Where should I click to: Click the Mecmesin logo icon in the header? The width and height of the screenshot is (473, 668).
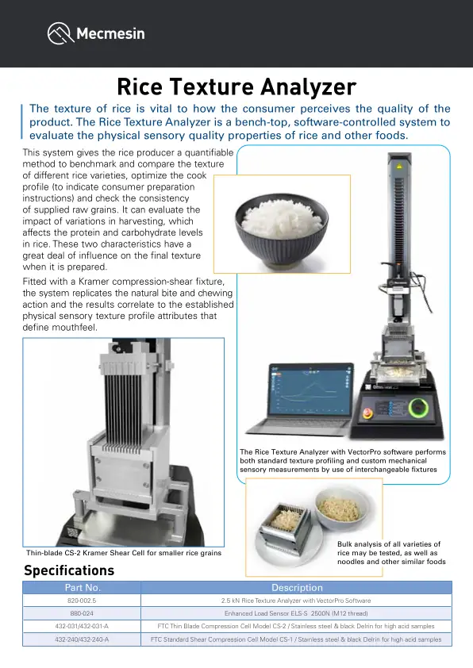(60, 33)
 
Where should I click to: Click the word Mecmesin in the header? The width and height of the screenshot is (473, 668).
(110, 34)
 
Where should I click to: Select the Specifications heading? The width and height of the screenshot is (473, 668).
(69, 570)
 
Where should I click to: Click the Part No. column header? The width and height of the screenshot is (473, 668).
(82, 588)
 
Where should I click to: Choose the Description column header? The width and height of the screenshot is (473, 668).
(297, 588)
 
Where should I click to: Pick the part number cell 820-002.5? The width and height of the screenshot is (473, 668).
(82, 601)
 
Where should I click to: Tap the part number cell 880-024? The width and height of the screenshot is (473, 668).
(82, 613)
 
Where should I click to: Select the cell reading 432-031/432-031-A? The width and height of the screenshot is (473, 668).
(82, 626)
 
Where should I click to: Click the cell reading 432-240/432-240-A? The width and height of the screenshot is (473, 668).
(82, 639)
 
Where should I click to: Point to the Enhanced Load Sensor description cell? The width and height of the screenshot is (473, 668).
(297, 613)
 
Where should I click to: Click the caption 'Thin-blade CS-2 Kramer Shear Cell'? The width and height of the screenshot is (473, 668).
(123, 553)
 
